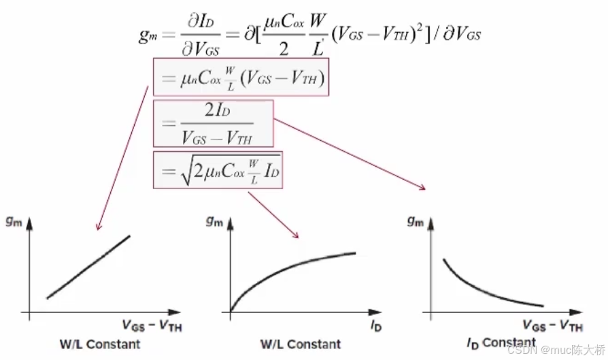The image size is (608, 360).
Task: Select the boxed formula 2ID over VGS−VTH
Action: click(x=214, y=123)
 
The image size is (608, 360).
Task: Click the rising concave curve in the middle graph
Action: click(x=292, y=268)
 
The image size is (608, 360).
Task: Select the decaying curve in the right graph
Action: click(x=490, y=286)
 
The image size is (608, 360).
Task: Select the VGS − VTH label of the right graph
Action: click(x=553, y=326)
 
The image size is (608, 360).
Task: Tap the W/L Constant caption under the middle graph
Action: click(x=300, y=344)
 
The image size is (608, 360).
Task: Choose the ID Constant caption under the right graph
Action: click(x=501, y=342)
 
